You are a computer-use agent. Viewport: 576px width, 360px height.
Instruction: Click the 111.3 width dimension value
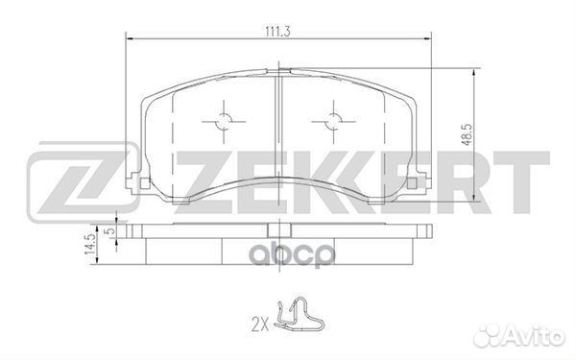pyautogui.click(x=278, y=32)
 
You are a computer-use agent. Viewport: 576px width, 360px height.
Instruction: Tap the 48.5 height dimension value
pyautogui.click(x=467, y=134)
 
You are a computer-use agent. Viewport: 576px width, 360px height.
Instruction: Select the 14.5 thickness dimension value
pyautogui.click(x=89, y=244)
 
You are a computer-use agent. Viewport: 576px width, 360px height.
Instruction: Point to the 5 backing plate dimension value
pyautogui.click(x=108, y=231)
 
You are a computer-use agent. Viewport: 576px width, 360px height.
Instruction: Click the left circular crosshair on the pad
pyautogui.click(x=224, y=121)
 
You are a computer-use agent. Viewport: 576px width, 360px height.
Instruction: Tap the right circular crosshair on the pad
pyautogui.click(x=333, y=121)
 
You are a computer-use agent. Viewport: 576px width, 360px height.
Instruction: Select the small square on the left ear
pyautogui.click(x=146, y=183)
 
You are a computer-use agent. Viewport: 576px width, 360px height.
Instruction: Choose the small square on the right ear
pyautogui.click(x=412, y=183)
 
